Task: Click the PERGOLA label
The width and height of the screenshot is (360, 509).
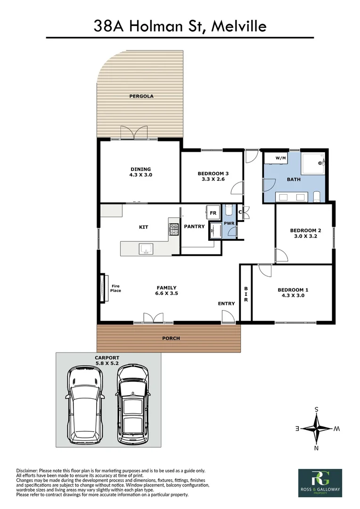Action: [141, 96]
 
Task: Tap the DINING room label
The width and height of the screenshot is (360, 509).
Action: [141, 169]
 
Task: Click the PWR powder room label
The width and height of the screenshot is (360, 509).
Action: [229, 222]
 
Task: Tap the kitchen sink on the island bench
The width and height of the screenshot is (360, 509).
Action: [145, 248]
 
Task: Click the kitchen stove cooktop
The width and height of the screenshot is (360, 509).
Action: [174, 229]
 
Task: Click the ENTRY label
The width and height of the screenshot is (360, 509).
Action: [226, 304]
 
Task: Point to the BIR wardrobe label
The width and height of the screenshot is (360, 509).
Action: [246, 294]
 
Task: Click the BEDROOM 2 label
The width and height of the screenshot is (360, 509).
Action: [305, 230]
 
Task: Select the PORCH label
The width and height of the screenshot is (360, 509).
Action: [171, 338]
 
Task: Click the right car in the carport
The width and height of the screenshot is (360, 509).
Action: [133, 404]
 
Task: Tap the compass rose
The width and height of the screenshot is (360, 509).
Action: [317, 429]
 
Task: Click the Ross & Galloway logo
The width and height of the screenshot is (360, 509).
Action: [320, 482]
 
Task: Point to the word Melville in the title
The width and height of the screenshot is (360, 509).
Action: [239, 26]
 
